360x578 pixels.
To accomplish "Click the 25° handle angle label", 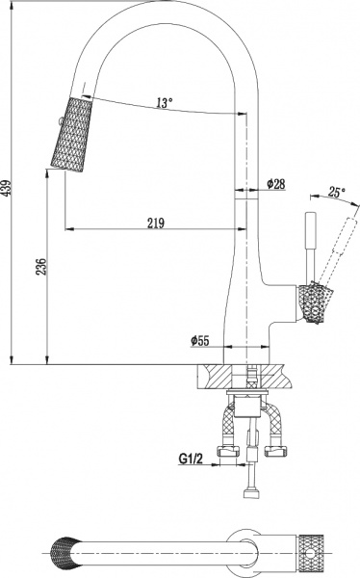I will click(x=335, y=192).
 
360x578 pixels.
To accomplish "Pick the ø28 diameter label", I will click(x=277, y=184).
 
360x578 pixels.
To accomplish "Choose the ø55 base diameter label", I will click(x=201, y=340).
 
